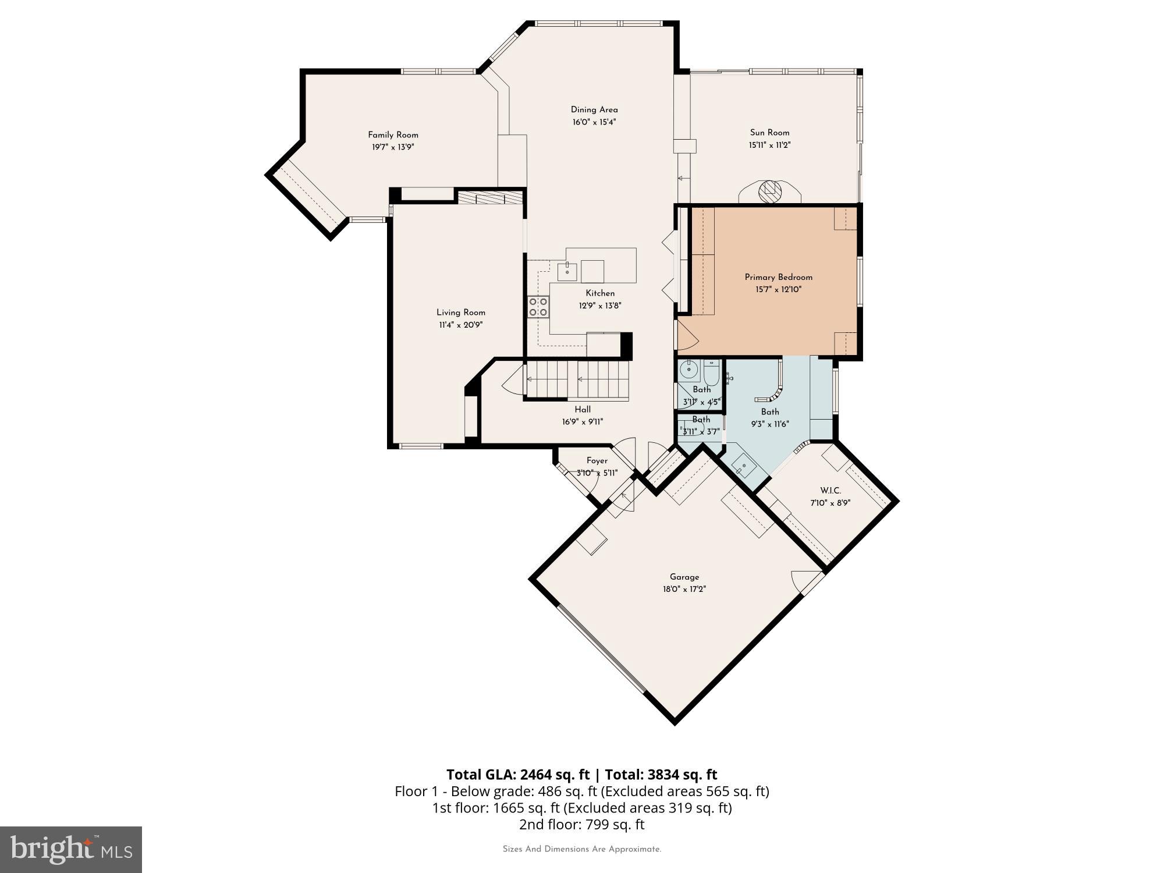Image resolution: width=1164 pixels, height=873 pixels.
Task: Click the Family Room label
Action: point(393,135)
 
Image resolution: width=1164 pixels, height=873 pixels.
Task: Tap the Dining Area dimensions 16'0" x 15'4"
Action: point(594,122)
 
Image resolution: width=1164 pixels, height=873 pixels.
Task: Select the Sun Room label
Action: point(769,133)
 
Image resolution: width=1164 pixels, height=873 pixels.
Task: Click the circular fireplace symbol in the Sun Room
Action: point(770,190)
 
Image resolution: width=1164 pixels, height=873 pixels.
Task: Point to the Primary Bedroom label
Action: point(778,278)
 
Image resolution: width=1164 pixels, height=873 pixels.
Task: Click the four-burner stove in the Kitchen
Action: point(538,307)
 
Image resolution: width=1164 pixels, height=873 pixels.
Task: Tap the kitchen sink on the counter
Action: point(567,271)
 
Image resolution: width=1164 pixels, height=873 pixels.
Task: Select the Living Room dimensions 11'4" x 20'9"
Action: point(460,325)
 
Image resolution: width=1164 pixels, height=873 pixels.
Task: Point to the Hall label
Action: point(582,410)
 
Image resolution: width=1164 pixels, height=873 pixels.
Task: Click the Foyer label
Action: point(597,461)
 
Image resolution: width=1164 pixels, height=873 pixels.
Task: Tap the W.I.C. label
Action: point(830,491)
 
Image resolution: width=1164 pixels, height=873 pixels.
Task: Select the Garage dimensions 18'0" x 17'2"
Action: point(684,589)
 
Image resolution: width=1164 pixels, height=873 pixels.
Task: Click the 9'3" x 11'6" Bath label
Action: point(769,412)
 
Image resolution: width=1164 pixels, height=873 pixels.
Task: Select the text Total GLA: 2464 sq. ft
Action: point(518,775)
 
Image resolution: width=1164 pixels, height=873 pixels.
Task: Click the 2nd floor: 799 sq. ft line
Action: point(581,824)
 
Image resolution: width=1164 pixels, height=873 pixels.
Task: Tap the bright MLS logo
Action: point(71,850)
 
